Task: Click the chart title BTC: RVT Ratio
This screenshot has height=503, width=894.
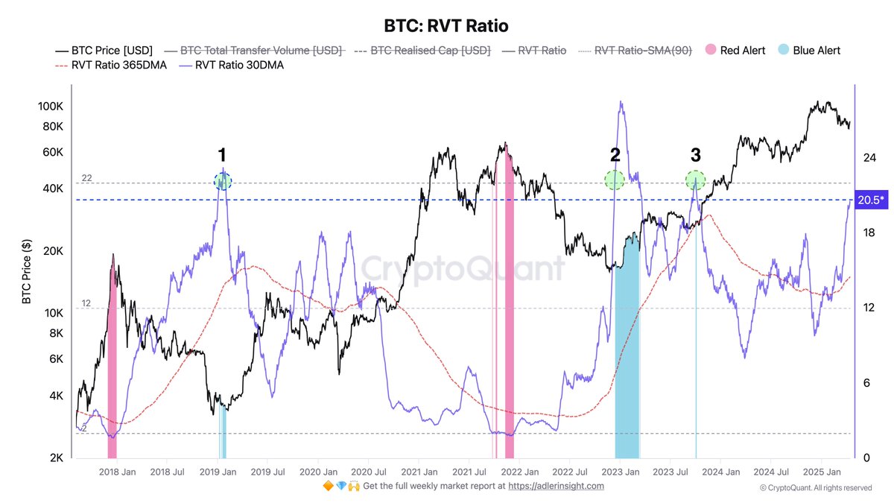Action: click(x=446, y=25)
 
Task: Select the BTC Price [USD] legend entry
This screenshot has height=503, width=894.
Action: click(x=104, y=51)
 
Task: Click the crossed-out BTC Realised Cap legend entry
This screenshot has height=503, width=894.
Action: click(x=422, y=51)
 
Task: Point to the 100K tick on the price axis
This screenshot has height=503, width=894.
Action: click(x=51, y=107)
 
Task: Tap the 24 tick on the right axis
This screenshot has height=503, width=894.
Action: click(x=868, y=158)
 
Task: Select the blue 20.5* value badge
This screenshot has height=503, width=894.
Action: click(x=872, y=200)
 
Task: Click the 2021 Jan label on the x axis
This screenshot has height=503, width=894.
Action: click(x=419, y=472)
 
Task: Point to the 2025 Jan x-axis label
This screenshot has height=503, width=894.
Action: click(x=822, y=472)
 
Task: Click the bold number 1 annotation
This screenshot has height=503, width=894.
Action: click(x=222, y=155)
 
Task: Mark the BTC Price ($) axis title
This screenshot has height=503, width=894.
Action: click(x=27, y=272)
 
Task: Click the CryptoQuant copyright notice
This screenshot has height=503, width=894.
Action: click(x=815, y=488)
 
